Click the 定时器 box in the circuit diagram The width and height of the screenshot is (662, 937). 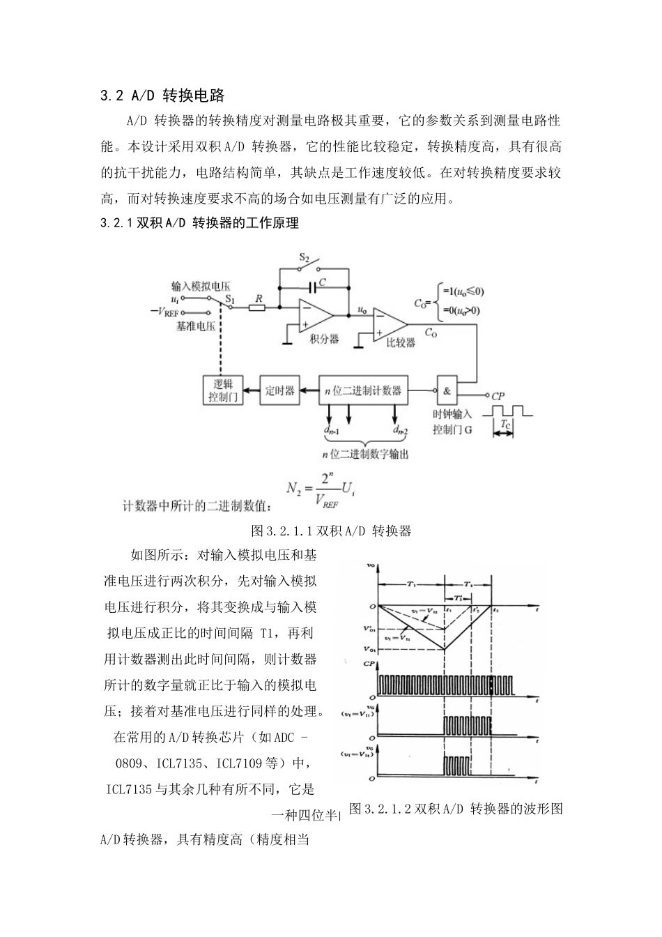click(x=279, y=390)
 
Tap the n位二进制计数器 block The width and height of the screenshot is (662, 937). click(x=363, y=390)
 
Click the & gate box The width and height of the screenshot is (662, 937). click(x=447, y=390)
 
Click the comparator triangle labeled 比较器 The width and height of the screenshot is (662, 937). click(x=389, y=324)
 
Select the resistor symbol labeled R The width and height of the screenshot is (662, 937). click(x=258, y=307)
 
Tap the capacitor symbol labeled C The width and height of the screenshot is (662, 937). click(x=311, y=286)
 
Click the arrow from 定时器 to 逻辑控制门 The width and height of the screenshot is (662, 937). click(x=251, y=390)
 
